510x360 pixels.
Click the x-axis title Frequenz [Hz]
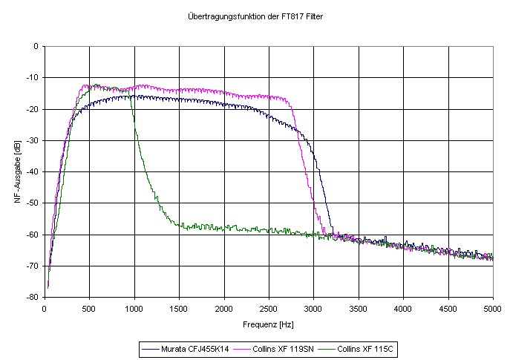click(269, 324)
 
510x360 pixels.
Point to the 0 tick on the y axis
click(36, 46)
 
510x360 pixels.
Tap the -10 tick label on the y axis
click(33, 78)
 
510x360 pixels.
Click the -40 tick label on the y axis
click(33, 171)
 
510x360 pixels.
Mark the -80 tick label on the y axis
click(33, 297)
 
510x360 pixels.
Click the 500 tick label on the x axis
click(89, 308)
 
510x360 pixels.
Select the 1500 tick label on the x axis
click(179, 308)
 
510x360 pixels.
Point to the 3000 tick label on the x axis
click(313, 308)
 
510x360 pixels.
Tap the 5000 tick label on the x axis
click(492, 308)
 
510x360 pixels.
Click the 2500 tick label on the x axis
click(269, 308)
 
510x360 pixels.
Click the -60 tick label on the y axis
click(33, 235)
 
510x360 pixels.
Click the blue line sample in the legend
click(151, 347)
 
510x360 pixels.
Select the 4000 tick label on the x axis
click(403, 308)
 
